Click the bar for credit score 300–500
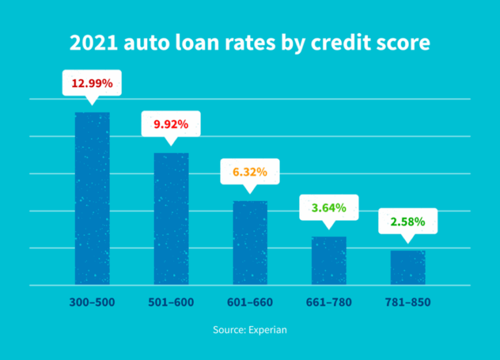click(92, 199)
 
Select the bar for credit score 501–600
click(171, 219)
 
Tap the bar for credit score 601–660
click(250, 243)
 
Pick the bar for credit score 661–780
click(329, 260)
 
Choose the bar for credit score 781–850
click(408, 268)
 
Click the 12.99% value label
click(92, 83)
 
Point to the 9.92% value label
click(171, 124)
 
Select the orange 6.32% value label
click(250, 172)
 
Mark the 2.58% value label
click(408, 221)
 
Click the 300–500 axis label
click(92, 303)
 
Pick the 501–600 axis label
click(171, 303)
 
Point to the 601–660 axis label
click(250, 303)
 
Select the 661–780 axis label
click(329, 303)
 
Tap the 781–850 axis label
click(408, 303)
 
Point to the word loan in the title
click(200, 43)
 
